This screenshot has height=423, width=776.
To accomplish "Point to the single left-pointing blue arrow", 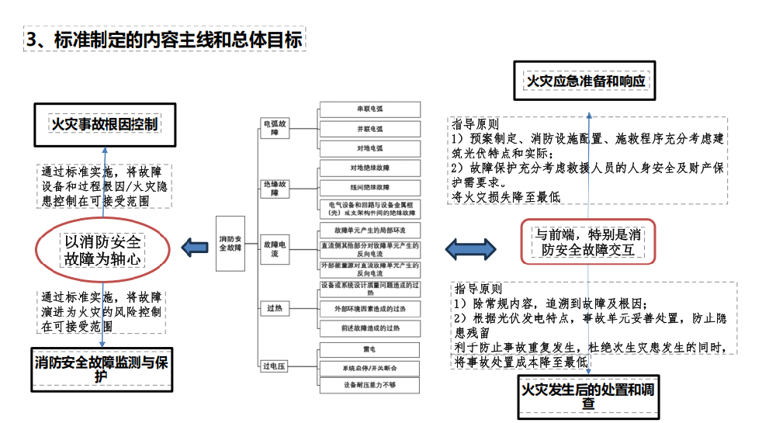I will [x=192, y=248].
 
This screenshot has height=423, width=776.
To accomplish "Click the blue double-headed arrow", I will [x=471, y=249].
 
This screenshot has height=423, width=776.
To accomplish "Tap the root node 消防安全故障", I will [x=231, y=243].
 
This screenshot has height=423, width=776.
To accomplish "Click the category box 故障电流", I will [x=275, y=248].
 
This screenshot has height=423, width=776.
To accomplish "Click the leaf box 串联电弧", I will [x=369, y=109].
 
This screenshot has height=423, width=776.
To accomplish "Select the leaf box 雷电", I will [x=369, y=349].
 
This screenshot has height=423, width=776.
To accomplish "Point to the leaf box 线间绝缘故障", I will [x=369, y=187].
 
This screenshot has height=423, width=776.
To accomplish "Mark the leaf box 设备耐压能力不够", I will [x=369, y=385].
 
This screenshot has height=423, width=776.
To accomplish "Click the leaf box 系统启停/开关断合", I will [x=369, y=367].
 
